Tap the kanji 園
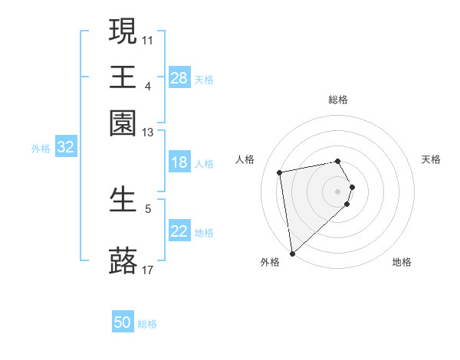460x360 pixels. pyautogui.click(x=123, y=123)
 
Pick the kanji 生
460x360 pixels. pyautogui.click(x=123, y=200)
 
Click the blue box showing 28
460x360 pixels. pyautogui.click(x=179, y=78)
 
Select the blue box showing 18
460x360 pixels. pyautogui.click(x=179, y=162)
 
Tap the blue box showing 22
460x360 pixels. pyautogui.click(x=179, y=232)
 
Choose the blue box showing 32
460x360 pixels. pyautogui.click(x=65, y=148)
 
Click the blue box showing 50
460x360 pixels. pyautogui.click(x=123, y=323)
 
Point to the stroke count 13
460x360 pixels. pyautogui.click(x=148, y=133)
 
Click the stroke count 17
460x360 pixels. pyautogui.click(x=148, y=270)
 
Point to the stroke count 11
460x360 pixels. pyautogui.click(x=148, y=39)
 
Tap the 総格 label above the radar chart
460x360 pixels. pyautogui.click(x=338, y=100)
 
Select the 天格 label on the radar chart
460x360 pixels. pyautogui.click(x=431, y=159)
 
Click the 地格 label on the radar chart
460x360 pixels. pyautogui.click(x=402, y=262)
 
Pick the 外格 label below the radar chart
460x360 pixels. pyautogui.click(x=270, y=262)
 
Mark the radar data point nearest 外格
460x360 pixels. pyautogui.click(x=292, y=254)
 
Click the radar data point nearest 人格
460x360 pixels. pyautogui.click(x=280, y=172)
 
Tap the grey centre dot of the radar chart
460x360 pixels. pyautogui.click(x=338, y=191)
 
